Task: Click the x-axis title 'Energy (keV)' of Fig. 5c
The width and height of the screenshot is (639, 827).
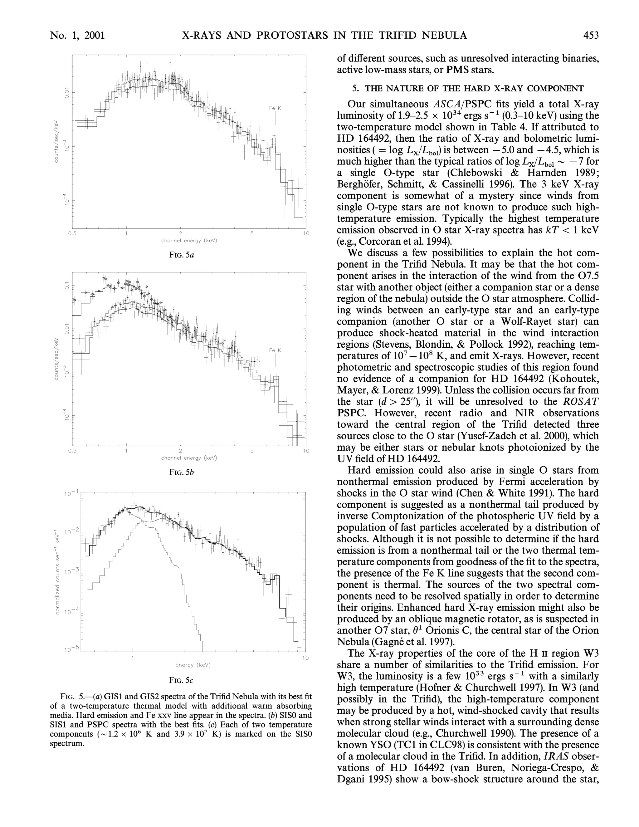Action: [x=193, y=665]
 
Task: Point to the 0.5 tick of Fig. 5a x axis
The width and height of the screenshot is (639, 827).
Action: [x=72, y=233]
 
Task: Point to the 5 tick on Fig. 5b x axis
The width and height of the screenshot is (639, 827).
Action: [x=252, y=451]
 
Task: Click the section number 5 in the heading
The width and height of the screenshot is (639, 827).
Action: [x=355, y=89]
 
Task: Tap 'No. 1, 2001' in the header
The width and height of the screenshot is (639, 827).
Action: [x=77, y=36]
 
